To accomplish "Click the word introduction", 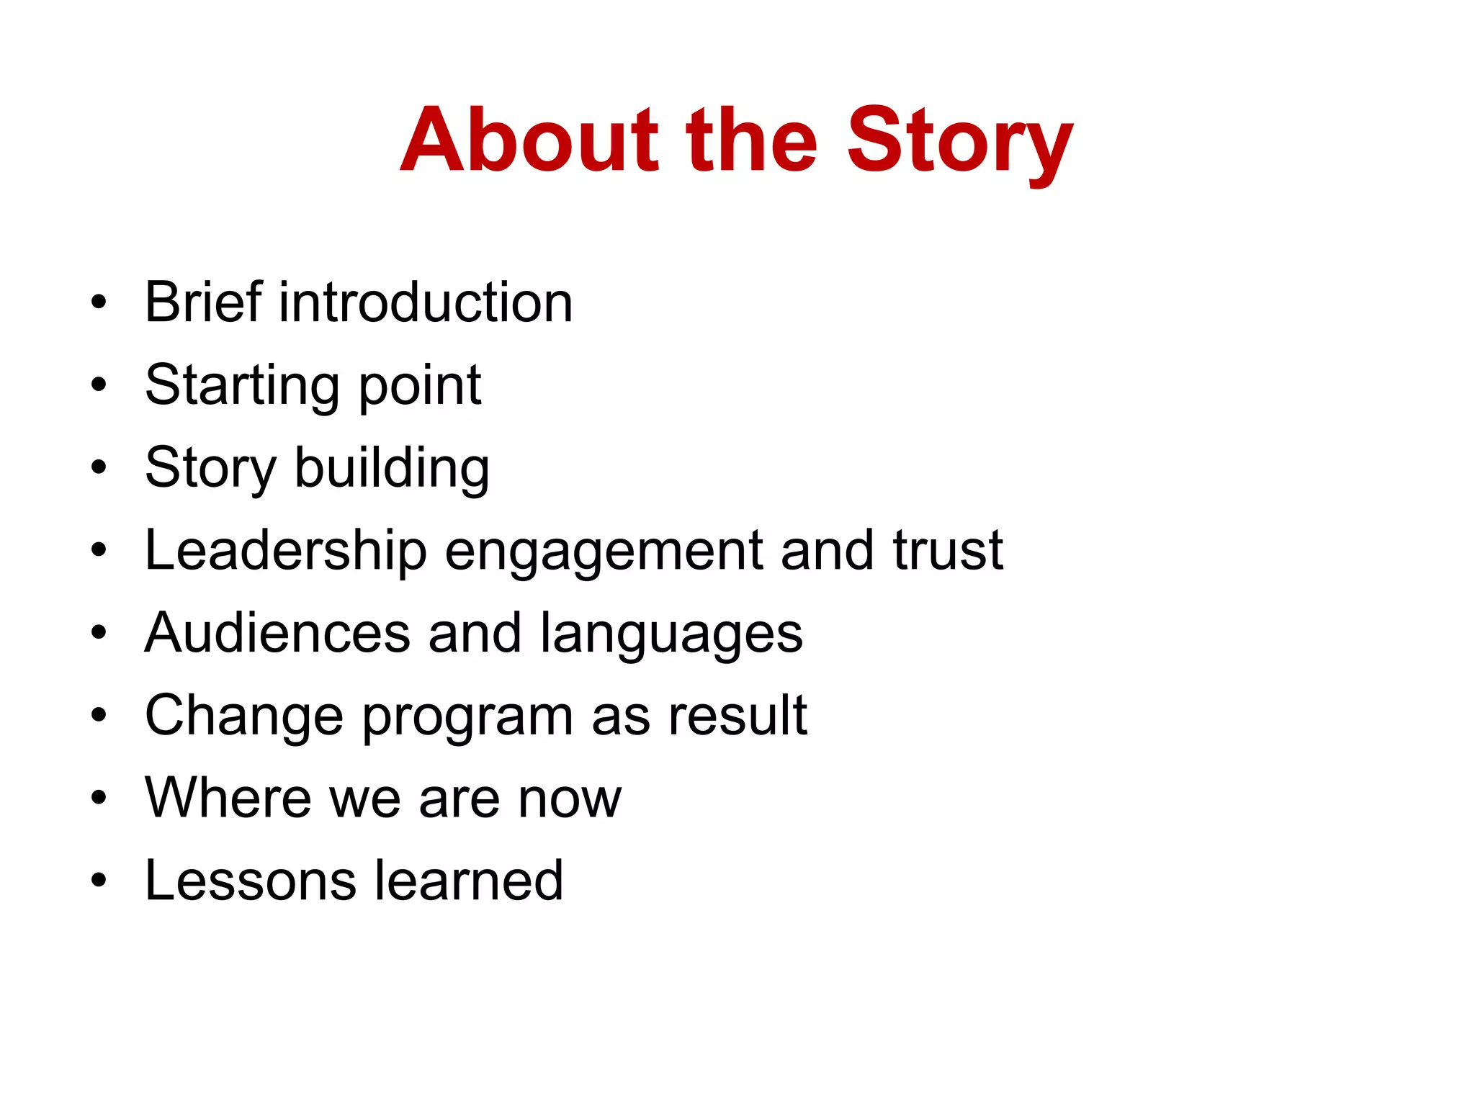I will [426, 302].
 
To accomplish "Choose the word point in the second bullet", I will [420, 386].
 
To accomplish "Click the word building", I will [393, 468].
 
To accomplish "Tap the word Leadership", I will [286, 551].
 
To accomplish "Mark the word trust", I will [948, 550].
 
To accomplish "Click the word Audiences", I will [277, 633].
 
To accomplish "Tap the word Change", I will [244, 716].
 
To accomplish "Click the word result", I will [737, 716].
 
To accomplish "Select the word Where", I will [228, 798].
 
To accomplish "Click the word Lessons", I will [250, 881].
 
